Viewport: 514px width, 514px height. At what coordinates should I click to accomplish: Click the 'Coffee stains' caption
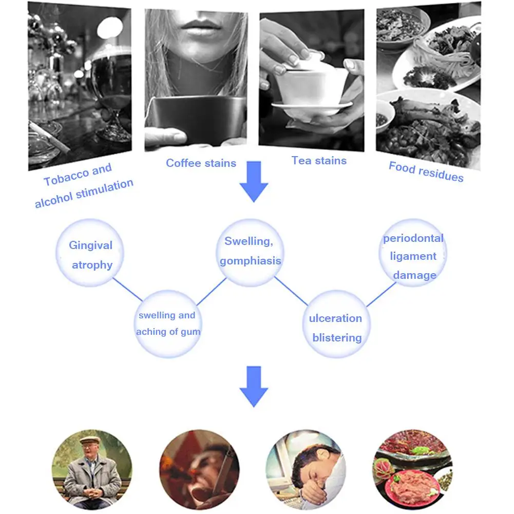[x=201, y=163]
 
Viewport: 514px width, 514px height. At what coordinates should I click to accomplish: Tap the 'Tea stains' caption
[x=319, y=161]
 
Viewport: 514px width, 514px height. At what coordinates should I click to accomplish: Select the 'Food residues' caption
[x=426, y=172]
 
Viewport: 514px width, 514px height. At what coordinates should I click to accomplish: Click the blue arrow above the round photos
[x=254, y=386]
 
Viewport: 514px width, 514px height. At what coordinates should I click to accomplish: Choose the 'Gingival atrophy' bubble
[x=91, y=254]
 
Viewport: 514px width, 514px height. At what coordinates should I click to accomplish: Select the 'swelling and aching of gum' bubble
[x=167, y=323]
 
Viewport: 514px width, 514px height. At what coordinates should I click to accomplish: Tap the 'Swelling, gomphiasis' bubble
[x=250, y=251]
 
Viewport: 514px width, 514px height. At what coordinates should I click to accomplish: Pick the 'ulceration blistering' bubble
[x=336, y=327]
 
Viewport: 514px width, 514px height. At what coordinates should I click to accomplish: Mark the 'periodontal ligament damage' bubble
[x=413, y=256]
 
